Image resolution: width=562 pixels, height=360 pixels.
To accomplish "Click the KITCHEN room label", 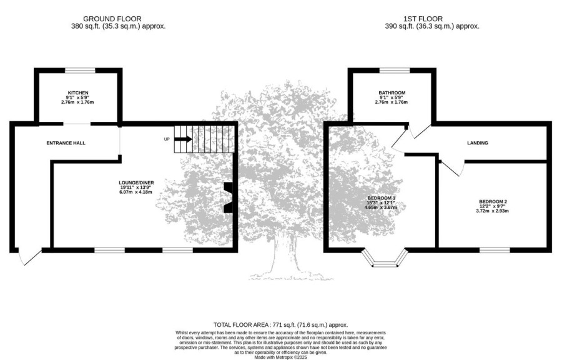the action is pos(78,93).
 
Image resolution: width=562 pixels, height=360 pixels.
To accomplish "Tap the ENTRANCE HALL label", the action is pos(66,143).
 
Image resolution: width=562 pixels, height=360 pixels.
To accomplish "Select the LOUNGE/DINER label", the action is pos(137,183).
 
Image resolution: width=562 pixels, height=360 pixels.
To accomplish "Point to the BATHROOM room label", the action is pos(392,93).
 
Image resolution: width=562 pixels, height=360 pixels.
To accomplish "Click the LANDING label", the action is pos(478,143).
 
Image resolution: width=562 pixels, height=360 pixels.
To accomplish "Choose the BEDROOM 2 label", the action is pos(493,202).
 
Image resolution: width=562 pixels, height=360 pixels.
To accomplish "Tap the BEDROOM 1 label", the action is pos(382,198).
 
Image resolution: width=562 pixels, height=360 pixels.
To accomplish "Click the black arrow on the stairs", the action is pos(183,139).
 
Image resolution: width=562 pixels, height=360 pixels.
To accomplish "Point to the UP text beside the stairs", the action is pos(167,139).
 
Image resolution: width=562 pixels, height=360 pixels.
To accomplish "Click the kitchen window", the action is pos(80,71).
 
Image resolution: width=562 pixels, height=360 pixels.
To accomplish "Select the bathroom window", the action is pos(395,71).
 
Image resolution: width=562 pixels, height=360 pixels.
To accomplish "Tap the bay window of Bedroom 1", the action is pos(385,264).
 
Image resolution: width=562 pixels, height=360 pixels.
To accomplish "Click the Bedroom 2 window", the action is pos(495,250).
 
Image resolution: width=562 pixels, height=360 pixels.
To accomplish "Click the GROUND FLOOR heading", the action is pos(112,19).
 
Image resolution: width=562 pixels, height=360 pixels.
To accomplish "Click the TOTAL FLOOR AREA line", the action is pos(280,325).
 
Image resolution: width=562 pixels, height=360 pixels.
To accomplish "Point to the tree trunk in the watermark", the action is pos(285,256).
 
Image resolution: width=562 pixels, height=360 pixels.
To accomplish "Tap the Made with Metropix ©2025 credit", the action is pos(280,357).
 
